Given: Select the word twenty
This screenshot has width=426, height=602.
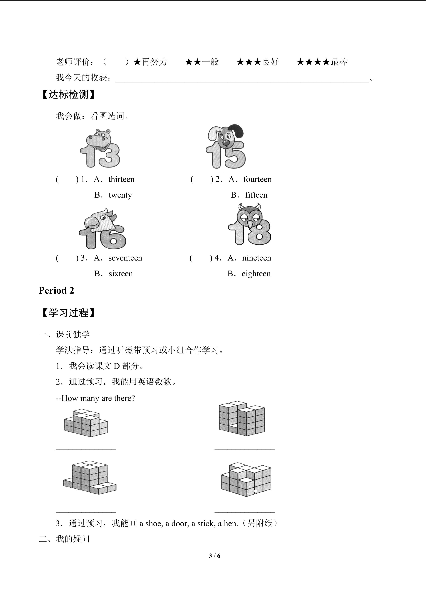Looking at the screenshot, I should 120,195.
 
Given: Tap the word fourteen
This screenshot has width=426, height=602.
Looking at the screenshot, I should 257,179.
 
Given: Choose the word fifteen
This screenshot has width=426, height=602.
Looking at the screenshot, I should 256,195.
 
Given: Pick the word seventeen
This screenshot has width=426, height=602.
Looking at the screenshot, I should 125,258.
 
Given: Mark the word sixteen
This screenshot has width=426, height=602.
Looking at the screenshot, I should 121,274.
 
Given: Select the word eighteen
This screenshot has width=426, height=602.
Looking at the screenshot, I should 256,274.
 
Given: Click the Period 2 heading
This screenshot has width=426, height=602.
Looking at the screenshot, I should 56,291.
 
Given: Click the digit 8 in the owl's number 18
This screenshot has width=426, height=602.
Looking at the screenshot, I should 259,232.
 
